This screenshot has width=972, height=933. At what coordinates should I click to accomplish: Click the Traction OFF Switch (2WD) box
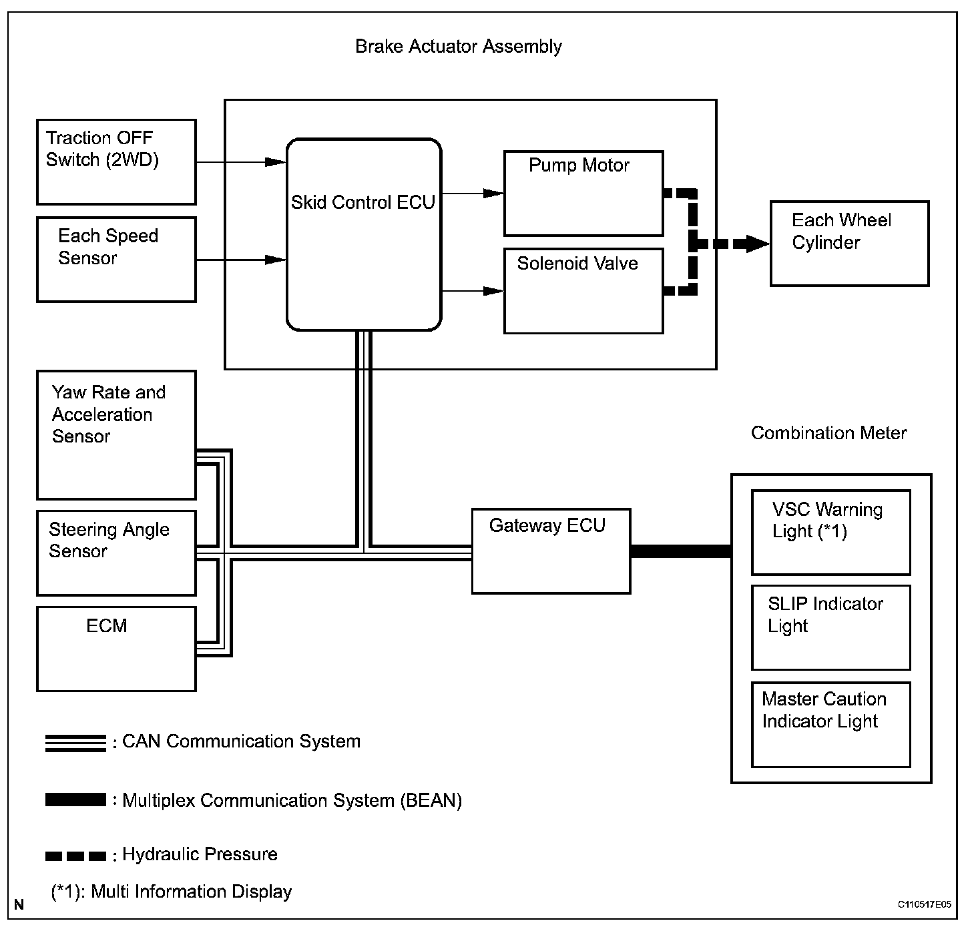(x=116, y=162)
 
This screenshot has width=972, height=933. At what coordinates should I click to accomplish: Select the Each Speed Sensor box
(x=116, y=259)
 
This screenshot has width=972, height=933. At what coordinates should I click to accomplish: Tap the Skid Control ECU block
(x=364, y=235)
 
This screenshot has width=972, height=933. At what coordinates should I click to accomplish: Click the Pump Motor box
(x=583, y=194)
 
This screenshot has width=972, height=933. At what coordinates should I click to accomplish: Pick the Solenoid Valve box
(x=583, y=291)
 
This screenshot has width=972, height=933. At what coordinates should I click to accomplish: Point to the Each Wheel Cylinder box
(x=849, y=243)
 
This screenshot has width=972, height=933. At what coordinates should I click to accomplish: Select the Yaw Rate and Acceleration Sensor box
(x=116, y=435)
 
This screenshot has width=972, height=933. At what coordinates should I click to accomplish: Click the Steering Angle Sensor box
(x=116, y=553)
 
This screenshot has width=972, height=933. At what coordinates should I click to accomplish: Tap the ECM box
(x=116, y=649)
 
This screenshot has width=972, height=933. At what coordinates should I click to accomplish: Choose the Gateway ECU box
(x=551, y=551)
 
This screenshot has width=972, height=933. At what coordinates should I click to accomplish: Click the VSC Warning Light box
(x=830, y=533)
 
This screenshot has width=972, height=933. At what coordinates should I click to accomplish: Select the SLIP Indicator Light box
(x=830, y=628)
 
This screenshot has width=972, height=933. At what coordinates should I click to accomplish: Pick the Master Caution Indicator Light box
(x=830, y=725)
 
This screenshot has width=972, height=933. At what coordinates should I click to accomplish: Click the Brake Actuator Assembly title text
(x=458, y=47)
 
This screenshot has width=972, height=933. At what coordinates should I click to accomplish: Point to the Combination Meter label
(x=828, y=433)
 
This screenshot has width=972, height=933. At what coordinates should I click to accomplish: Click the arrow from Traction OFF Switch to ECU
(x=241, y=162)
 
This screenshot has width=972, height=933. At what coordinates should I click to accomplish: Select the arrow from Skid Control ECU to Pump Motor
(x=473, y=194)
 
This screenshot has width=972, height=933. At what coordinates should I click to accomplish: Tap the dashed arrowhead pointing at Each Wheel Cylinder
(x=758, y=243)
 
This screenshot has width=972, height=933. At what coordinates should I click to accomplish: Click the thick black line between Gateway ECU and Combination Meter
(x=682, y=551)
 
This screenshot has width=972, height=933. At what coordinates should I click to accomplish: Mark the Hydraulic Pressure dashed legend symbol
(x=75, y=856)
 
